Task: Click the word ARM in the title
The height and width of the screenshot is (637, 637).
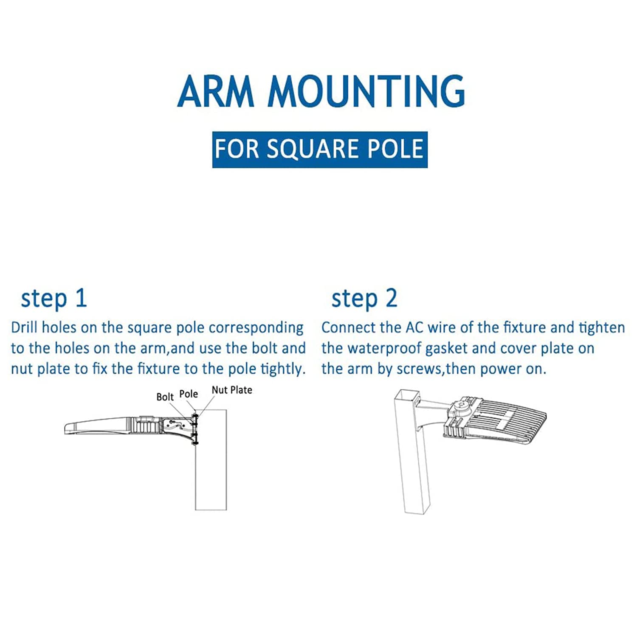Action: pos(216,91)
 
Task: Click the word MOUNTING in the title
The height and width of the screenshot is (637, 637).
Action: pos(366,91)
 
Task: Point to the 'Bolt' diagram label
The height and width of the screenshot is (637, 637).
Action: pos(165,397)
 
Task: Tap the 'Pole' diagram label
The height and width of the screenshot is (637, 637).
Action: pos(189,394)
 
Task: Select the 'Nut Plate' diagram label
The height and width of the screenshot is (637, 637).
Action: pos(232,390)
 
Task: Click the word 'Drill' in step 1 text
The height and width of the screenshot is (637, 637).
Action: pos(24,327)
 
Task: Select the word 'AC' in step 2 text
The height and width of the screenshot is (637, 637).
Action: pos(414,327)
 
